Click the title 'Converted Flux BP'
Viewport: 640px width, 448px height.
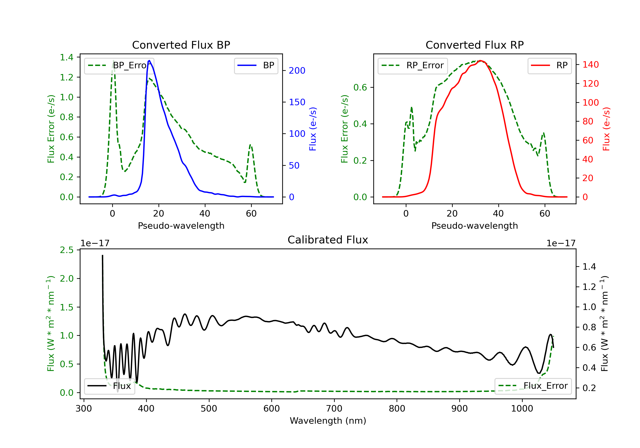181,45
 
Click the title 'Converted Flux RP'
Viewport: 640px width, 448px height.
474,45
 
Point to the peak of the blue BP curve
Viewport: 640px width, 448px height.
149,61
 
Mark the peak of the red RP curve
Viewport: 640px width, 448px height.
480,61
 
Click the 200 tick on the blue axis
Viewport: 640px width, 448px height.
297,71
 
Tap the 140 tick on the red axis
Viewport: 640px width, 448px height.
590,65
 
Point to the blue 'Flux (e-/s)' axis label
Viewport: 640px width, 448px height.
313,129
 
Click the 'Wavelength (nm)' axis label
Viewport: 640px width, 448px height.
328,421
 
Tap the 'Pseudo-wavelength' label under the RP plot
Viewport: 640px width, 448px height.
474,225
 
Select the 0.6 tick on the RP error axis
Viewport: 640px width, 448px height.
360,87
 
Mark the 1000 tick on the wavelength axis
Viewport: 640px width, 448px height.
522,409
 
